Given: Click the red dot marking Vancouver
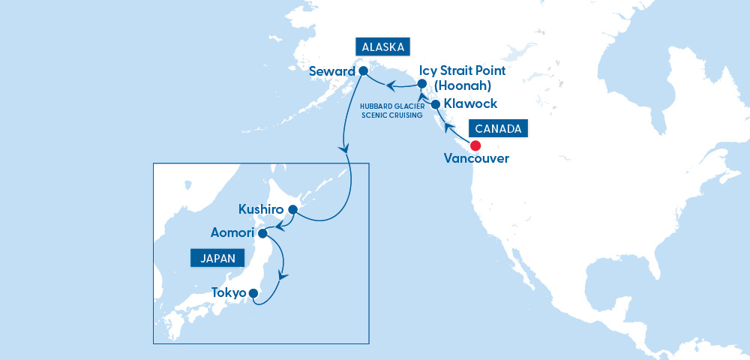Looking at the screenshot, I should click(475, 145).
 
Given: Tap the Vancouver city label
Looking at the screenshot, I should click(476, 159).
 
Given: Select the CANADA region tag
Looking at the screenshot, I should click(499, 128).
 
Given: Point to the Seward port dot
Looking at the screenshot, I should click(363, 71).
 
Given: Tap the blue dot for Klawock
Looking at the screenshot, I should click(436, 104).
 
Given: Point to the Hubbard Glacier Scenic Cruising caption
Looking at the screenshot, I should click(391, 111).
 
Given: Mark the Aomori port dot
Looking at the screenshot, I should click(263, 234).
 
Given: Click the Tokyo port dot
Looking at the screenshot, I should click(253, 293).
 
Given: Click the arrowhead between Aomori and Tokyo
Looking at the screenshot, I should click(282, 275).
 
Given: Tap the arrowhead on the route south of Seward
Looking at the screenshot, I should click(344, 149).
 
